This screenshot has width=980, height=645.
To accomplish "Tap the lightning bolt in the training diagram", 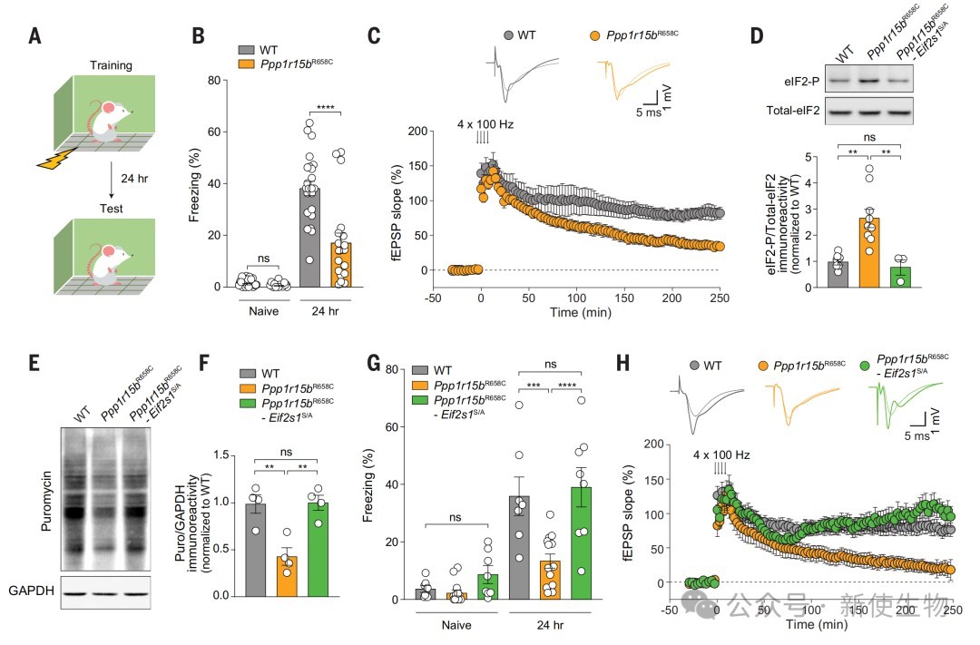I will click(x=52, y=160).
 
